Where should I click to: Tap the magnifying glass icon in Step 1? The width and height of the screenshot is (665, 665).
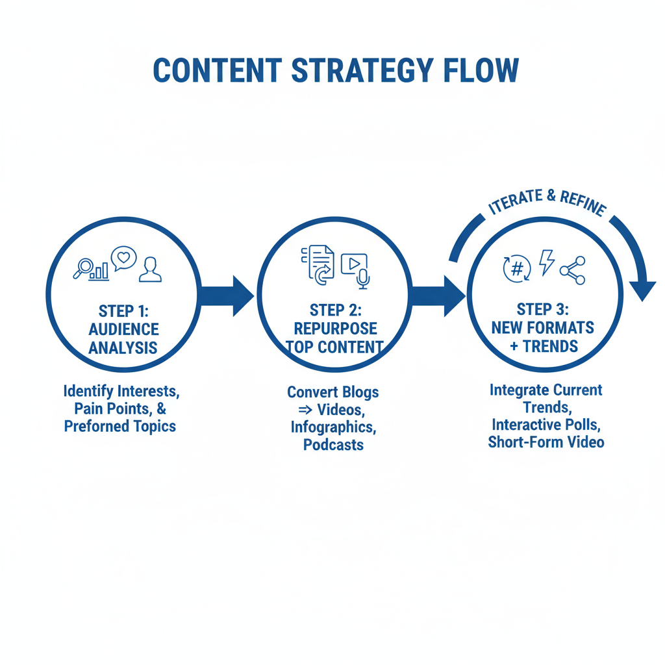(84, 267)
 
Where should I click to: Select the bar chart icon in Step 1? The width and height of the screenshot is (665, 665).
(101, 270)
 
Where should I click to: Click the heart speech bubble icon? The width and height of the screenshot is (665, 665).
(123, 258)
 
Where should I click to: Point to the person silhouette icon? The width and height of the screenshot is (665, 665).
(150, 269)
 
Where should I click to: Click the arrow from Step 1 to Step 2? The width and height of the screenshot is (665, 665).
(227, 295)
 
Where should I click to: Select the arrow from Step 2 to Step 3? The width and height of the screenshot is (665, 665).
(439, 295)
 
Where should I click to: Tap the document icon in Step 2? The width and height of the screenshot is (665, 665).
(320, 262)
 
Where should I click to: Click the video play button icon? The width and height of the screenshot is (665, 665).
(353, 264)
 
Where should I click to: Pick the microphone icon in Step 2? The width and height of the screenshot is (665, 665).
(363, 279)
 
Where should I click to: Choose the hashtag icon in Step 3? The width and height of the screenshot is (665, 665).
(517, 269)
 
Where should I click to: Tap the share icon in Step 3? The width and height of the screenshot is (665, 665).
(573, 270)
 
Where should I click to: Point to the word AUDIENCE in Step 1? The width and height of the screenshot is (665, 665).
(124, 329)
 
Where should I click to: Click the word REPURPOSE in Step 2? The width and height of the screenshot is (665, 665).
(335, 328)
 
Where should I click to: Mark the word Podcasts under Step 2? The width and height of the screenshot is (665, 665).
(333, 445)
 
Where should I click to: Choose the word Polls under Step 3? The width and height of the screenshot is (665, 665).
(584, 425)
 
